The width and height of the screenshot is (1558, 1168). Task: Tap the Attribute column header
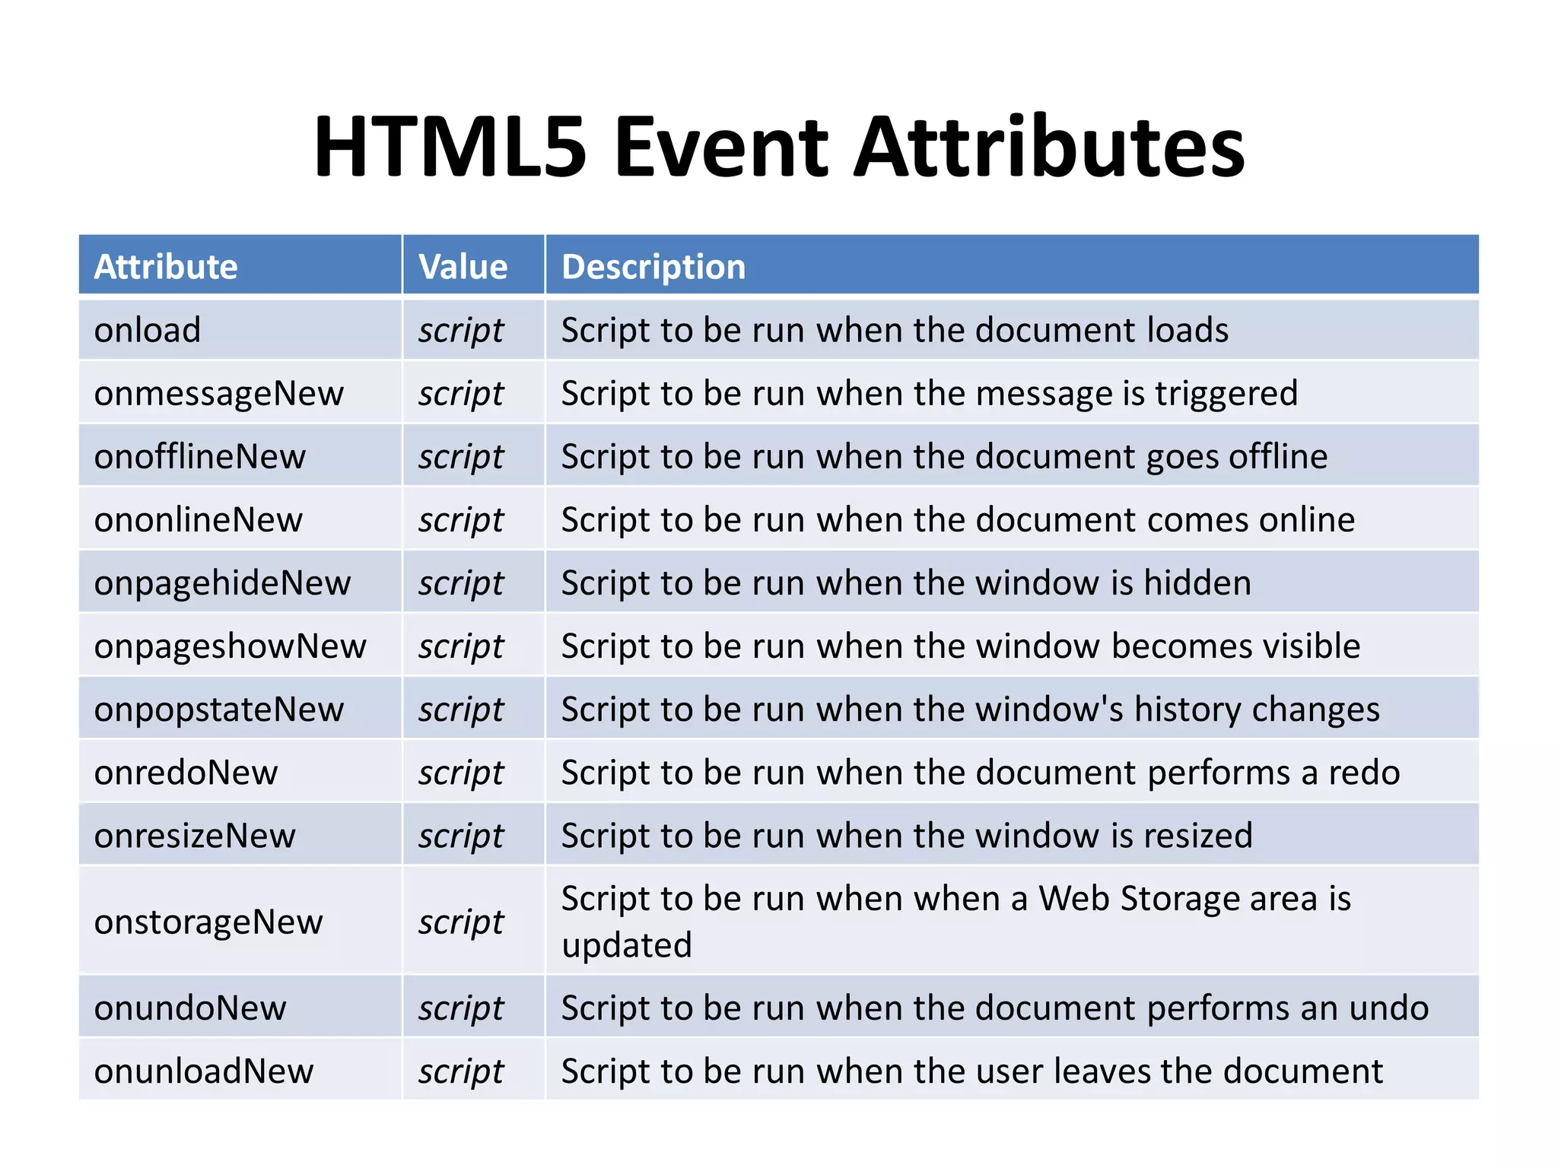166,266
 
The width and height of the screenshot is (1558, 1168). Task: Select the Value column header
463,266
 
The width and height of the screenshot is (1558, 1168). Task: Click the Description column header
653,266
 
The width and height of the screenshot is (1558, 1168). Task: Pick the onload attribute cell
148,330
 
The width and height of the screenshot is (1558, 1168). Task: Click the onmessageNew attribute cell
219,393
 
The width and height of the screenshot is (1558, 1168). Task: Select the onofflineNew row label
200,456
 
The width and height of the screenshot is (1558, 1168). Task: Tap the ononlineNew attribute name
199,519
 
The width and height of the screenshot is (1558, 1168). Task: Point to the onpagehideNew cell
223,583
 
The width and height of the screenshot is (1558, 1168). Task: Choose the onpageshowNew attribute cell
231,646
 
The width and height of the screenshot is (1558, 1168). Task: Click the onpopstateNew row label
219,709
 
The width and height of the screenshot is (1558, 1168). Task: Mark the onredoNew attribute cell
186,773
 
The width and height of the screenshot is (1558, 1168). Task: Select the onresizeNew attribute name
195,836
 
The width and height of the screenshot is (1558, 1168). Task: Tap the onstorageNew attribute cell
208,922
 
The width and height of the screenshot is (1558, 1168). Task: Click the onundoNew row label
190,1008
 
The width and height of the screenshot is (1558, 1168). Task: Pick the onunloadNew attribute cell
204,1071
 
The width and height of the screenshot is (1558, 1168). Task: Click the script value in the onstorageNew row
461,922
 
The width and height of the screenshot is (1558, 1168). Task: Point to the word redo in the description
1364,773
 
